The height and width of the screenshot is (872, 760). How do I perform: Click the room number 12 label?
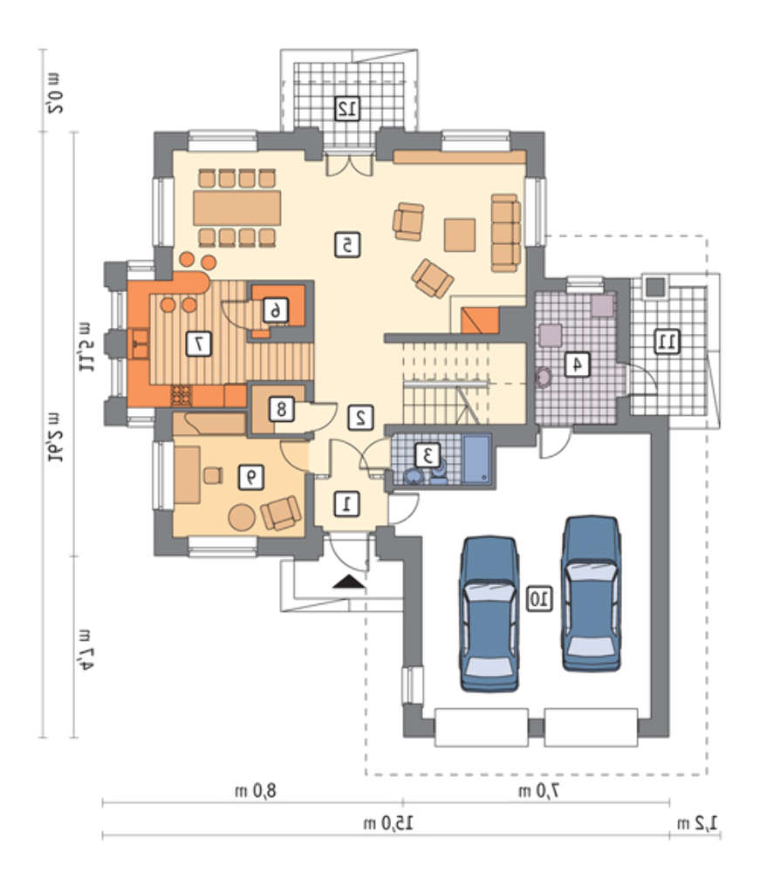coord(347,108)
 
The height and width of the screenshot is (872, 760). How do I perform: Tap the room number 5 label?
coord(347,245)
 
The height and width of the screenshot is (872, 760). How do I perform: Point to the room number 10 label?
coord(539,599)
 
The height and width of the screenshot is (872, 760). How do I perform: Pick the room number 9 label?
coord(251,477)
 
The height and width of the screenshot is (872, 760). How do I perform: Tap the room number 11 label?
coord(667,341)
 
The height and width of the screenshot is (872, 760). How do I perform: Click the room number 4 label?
coord(578,364)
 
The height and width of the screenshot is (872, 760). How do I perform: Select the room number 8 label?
coord(282,409)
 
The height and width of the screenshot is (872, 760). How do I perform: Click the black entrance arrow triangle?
coord(349,582)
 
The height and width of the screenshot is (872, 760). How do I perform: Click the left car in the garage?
coord(489,615)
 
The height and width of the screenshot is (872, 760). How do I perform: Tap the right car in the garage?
coord(591,594)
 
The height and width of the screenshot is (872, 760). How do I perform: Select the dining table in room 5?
coord(237,208)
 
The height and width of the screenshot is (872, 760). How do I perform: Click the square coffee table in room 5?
coord(460,235)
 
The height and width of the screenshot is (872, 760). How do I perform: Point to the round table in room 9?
coord(242,517)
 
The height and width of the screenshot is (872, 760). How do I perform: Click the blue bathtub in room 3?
coord(477,460)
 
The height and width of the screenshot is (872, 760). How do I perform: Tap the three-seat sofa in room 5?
coord(506,233)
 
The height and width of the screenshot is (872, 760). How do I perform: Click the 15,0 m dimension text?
coord(388,823)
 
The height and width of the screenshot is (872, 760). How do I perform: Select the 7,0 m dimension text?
coord(538,790)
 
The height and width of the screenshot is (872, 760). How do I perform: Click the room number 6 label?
coord(276,310)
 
